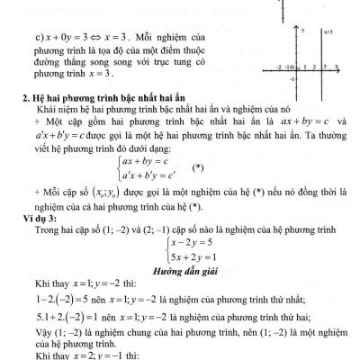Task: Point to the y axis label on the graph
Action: point(304,30)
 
